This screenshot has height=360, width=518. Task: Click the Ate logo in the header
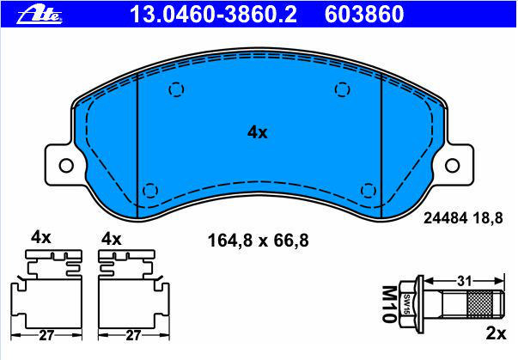40,15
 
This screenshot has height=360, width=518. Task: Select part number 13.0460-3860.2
213,15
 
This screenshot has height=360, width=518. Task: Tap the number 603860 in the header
364,15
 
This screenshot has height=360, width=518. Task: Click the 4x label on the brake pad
258,132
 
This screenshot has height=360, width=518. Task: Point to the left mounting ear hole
66,165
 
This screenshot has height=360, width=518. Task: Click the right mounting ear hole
452,165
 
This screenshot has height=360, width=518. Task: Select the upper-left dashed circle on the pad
176,89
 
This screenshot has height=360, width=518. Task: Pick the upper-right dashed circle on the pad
342,89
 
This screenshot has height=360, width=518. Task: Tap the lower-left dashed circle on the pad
150,191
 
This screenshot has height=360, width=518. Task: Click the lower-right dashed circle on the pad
369,191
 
